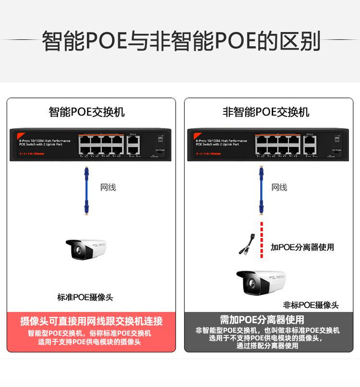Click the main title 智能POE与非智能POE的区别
coord(180,41)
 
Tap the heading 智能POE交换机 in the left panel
coord(87,112)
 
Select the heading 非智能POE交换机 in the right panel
coord(266,112)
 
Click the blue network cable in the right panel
coord(262,190)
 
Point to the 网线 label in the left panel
coord(108,187)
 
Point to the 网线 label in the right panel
coord(279,187)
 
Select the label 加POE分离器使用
coord(302,247)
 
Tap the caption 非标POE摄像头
coord(311,305)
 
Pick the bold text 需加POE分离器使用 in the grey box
coord(262,320)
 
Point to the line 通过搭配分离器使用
coord(267,346)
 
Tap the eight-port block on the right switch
coord(278,145)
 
